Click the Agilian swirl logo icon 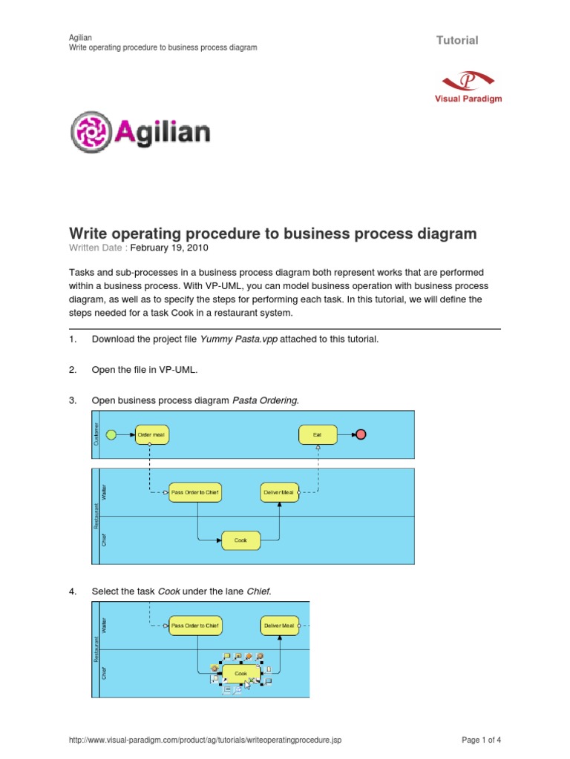point(91,133)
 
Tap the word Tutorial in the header point(457,40)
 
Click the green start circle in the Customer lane point(112,434)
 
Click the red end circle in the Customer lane point(361,434)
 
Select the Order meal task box point(151,434)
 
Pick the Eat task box point(318,434)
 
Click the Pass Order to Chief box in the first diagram point(195,492)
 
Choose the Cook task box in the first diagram point(241,540)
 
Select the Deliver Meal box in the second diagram point(280,626)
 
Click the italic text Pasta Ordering point(265,400)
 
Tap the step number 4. point(73,591)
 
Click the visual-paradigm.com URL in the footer point(205,740)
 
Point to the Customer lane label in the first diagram point(96,435)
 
